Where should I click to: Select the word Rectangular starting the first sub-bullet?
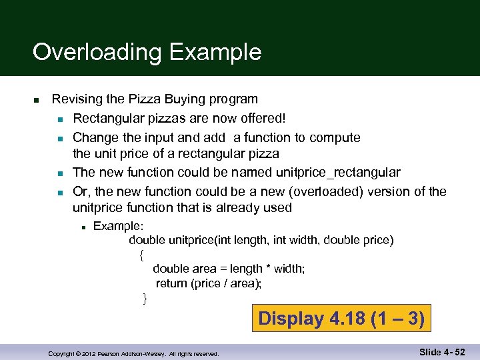(109, 119)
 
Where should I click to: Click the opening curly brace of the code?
(141, 254)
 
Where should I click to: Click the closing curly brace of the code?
(145, 298)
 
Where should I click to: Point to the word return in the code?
(171, 283)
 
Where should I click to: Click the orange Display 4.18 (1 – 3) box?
(341, 318)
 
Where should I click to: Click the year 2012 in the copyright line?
(87, 354)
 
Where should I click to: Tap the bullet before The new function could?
(59, 173)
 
